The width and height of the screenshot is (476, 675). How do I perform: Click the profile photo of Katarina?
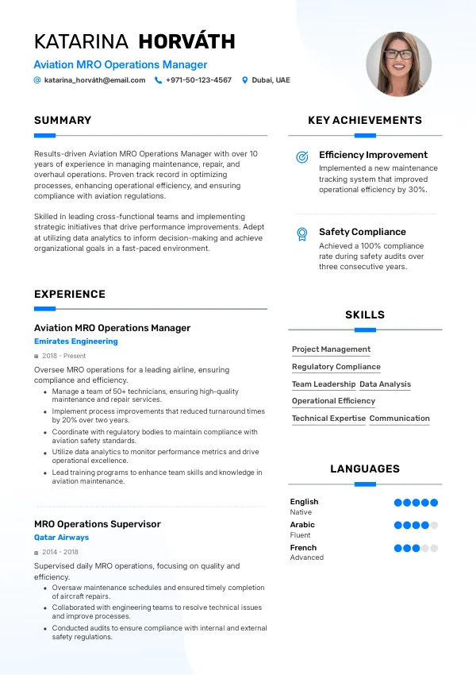[398, 64]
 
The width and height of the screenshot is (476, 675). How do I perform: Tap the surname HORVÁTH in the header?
[186, 41]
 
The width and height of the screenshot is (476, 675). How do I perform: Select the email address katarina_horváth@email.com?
[94, 80]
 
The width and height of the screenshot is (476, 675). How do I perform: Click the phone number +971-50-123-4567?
[198, 80]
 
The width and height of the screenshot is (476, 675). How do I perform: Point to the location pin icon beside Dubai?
[245, 80]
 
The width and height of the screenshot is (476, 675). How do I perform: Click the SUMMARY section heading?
[63, 121]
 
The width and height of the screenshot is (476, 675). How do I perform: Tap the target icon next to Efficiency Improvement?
[302, 157]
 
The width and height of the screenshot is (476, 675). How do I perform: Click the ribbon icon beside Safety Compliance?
[302, 233]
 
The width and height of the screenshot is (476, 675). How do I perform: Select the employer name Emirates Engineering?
[75, 341]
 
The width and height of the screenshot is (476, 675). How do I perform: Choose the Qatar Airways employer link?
[61, 538]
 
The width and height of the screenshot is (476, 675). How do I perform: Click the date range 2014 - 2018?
[60, 552]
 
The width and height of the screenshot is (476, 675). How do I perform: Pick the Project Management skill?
[331, 349]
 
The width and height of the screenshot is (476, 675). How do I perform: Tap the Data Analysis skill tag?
[385, 384]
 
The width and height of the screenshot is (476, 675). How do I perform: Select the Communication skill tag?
[399, 418]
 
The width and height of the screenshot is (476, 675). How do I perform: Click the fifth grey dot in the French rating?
[434, 548]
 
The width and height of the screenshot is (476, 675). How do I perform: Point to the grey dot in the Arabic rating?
[434, 525]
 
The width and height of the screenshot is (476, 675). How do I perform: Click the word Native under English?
[301, 512]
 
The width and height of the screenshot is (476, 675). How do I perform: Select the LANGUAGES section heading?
[365, 469]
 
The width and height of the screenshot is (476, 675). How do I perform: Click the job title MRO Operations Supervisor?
[97, 524]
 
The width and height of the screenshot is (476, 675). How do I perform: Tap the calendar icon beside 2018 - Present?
[36, 357]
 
